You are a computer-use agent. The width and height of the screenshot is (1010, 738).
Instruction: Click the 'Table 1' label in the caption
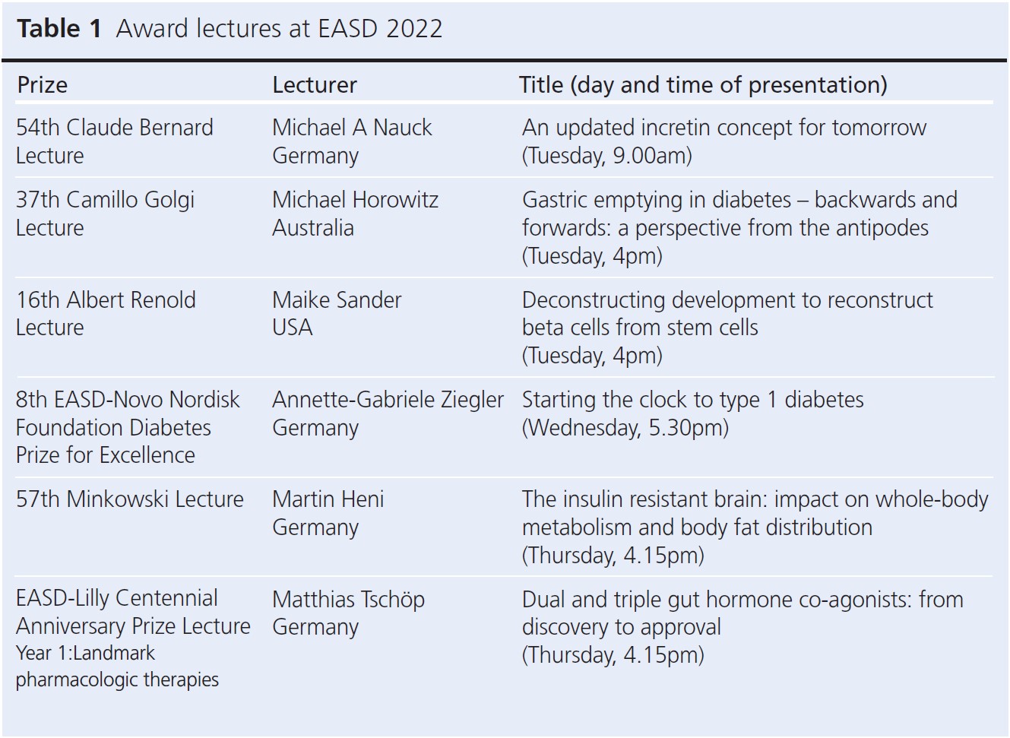click(x=59, y=29)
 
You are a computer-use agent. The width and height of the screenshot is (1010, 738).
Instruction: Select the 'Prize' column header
click(x=42, y=85)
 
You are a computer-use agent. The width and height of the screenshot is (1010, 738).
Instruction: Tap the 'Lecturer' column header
click(x=315, y=85)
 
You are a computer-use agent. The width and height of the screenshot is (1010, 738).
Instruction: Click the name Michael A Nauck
click(x=352, y=128)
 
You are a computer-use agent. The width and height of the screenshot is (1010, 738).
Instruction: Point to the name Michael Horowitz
click(x=356, y=200)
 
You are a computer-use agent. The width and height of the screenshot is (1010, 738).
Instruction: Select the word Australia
click(x=313, y=228)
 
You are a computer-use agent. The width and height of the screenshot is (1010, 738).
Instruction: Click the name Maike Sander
click(x=337, y=299)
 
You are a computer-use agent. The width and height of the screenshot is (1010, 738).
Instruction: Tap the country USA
click(x=292, y=328)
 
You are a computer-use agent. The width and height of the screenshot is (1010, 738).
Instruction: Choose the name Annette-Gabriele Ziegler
click(x=388, y=400)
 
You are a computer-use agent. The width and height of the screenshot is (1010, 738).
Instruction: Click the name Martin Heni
click(x=328, y=499)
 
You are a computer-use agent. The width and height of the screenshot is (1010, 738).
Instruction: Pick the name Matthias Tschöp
click(x=349, y=600)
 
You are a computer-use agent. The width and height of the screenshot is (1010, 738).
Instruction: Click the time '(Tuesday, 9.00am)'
click(x=607, y=156)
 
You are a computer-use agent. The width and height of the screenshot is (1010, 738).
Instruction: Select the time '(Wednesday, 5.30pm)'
click(x=625, y=428)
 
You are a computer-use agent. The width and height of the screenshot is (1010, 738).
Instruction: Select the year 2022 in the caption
click(x=414, y=29)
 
